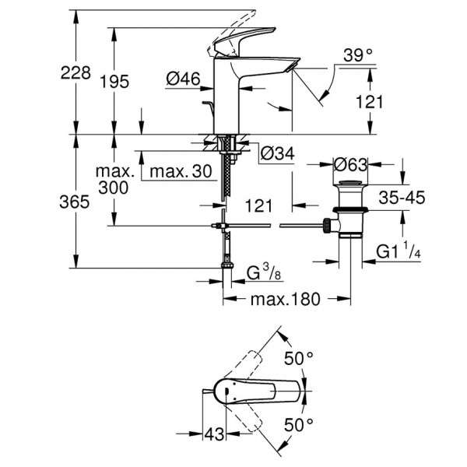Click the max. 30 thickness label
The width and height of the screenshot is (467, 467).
pos(180,170)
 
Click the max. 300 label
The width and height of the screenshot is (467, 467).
pos(114,178)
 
